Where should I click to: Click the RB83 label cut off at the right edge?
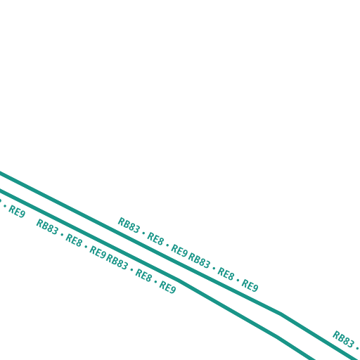click(x=343, y=339)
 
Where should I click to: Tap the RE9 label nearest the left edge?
click(x=17, y=212)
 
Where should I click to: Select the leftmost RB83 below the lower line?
click(x=47, y=226)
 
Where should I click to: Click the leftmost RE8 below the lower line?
click(x=74, y=240)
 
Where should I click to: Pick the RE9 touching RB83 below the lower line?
click(x=98, y=252)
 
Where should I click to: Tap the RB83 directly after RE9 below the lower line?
click(x=117, y=262)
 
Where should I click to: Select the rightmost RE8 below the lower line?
click(x=143, y=275)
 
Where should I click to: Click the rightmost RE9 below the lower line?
click(x=167, y=287)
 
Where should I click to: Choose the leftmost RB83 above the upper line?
click(x=129, y=225)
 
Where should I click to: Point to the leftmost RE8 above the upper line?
click(x=155, y=239)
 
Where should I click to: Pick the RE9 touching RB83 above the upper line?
click(x=179, y=250)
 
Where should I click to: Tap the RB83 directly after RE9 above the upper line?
click(x=199, y=260)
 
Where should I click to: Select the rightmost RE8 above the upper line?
click(x=226, y=274)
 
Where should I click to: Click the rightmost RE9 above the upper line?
click(x=250, y=285)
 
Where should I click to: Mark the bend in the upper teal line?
click(x=281, y=314)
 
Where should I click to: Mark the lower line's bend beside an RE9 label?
click(x=179, y=280)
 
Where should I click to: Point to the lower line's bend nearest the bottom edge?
click(x=278, y=337)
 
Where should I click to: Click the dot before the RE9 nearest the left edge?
click(x=5, y=206)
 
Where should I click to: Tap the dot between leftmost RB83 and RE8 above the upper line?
click(x=143, y=233)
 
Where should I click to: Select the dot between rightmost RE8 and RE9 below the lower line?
click(x=155, y=281)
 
